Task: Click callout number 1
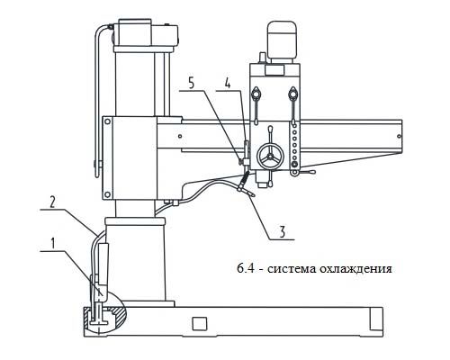[x=53, y=244]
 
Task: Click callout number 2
[x=52, y=202]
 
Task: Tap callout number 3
[x=282, y=231]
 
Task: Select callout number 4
[x=228, y=83]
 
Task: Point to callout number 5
[x=192, y=83]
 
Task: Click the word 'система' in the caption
[x=291, y=269]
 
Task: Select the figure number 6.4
[x=246, y=268]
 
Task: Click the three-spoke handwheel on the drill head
[x=270, y=157]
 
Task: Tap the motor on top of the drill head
[x=282, y=41]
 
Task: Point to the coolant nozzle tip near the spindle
[x=252, y=194]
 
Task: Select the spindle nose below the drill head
[x=262, y=179]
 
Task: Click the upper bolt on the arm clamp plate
[x=107, y=121]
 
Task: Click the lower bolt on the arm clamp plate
[x=107, y=194]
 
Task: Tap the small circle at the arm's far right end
[x=399, y=136]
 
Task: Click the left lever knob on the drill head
[x=256, y=93]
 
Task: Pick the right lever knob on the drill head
[x=292, y=93]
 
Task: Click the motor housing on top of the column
[x=146, y=33]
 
